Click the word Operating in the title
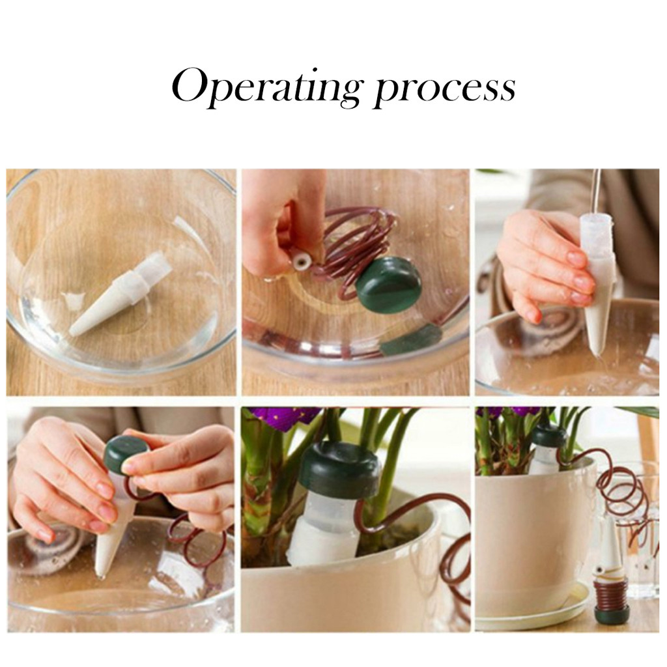tap(266, 88)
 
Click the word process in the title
tap(445, 91)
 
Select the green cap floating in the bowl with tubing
tap(388, 283)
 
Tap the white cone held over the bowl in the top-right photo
tap(599, 285)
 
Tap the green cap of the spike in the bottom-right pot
tap(548, 435)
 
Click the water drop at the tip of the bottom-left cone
tap(101, 576)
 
